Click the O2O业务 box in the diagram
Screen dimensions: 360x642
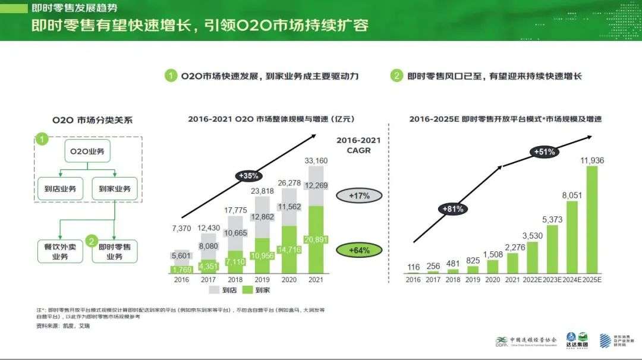[x=87, y=152]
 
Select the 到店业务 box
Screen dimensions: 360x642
[x=59, y=189]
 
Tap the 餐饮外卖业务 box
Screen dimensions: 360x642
[x=59, y=251]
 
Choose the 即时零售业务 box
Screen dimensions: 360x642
[x=114, y=251]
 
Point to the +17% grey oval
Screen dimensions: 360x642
[x=359, y=195]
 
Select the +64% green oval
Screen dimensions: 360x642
[x=359, y=250]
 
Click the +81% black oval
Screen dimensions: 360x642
[x=452, y=209]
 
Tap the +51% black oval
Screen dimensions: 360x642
[x=544, y=151]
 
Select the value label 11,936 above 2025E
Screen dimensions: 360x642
[x=591, y=160]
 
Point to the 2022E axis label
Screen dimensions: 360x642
[x=532, y=279]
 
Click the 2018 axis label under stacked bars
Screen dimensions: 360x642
[x=235, y=279]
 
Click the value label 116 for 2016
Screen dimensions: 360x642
[x=414, y=267]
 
